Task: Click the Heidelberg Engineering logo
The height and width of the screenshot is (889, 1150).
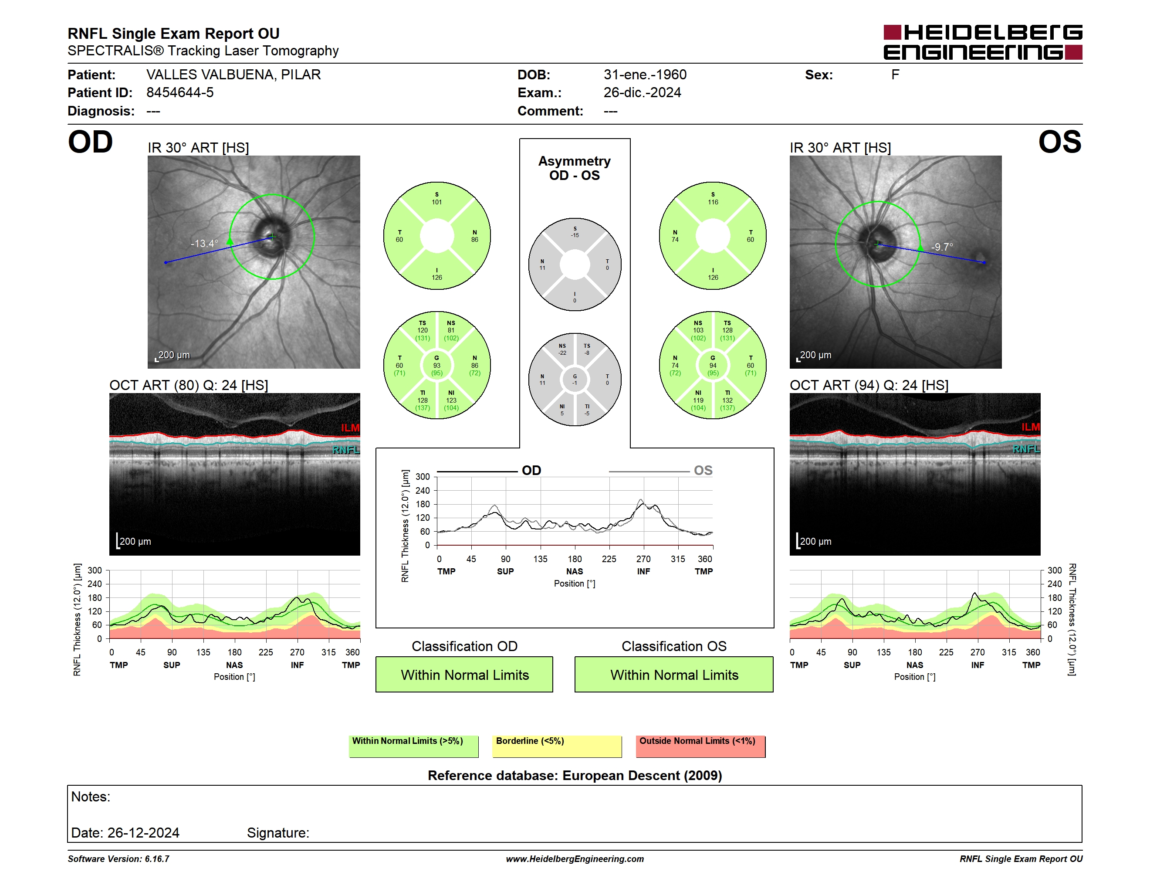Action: [x=983, y=42]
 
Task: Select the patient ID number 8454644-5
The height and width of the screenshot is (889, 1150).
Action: [x=180, y=93]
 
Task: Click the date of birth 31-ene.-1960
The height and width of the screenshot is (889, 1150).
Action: [x=645, y=75]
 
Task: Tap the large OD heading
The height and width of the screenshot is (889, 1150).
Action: [x=91, y=142]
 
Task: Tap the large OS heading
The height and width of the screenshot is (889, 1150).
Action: [x=1059, y=142]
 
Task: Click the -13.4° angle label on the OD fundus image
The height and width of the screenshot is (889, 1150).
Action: [x=204, y=243]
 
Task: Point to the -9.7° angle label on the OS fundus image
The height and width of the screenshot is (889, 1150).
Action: [x=942, y=247]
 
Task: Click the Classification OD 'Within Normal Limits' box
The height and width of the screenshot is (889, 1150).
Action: [x=464, y=674]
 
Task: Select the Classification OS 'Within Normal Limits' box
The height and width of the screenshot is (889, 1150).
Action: [x=674, y=674]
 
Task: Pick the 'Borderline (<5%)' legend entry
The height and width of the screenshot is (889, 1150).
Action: [x=557, y=746]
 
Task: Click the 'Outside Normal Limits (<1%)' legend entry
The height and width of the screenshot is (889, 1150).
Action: [x=700, y=746]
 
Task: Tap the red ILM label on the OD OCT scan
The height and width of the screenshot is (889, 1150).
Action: [x=350, y=428]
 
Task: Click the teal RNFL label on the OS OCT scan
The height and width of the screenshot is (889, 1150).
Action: [x=1026, y=449]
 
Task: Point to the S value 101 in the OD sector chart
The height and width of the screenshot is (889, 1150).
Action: [x=437, y=202]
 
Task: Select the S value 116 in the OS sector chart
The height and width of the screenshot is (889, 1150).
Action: [x=713, y=202]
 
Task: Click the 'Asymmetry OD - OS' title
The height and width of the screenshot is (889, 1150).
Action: [x=575, y=168]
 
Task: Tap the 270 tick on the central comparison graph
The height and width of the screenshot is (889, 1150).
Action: [x=643, y=559]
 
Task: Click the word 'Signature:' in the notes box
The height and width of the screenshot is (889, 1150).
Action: [x=278, y=833]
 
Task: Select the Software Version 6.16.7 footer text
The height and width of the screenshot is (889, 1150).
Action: [x=118, y=859]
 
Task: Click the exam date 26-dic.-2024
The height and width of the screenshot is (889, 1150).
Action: [x=643, y=93]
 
